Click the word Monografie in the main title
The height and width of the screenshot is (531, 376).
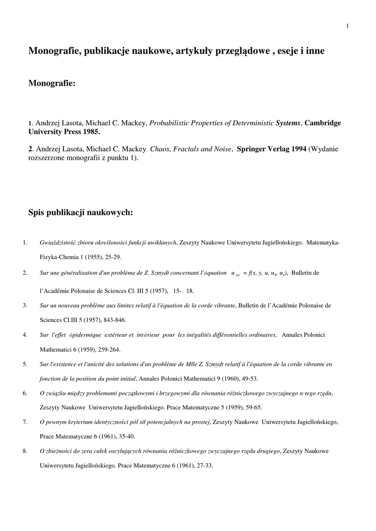[x=53, y=51]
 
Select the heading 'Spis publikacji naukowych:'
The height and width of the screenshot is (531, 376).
[x=80, y=212]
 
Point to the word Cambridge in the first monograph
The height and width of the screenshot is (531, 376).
[x=323, y=123]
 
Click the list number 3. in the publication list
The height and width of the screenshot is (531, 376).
[x=25, y=305]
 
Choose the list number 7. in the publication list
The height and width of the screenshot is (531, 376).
[x=25, y=422]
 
